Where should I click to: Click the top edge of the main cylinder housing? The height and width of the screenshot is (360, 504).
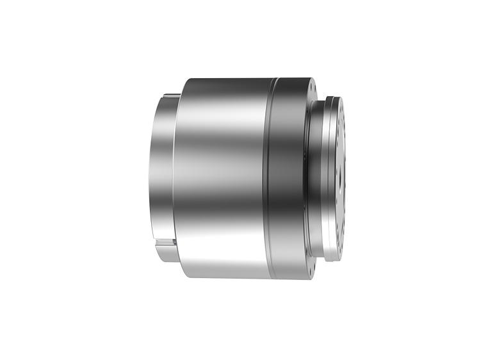(224, 79)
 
